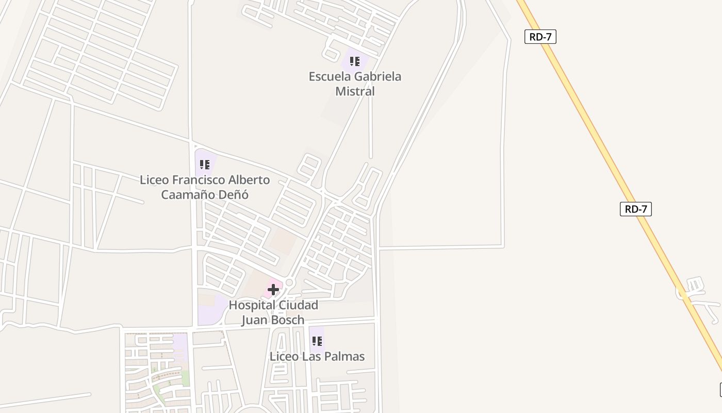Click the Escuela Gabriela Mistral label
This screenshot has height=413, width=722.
355,84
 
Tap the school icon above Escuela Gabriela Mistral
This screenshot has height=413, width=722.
355,62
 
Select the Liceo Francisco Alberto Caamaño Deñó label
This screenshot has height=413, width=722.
205,187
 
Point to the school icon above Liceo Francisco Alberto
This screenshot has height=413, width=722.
205,165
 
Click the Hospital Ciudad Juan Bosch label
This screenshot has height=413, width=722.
273,312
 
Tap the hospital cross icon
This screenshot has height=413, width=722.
273,290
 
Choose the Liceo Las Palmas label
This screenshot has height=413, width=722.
317,356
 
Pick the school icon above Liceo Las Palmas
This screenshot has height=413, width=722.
317,341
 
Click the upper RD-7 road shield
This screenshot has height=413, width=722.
540,37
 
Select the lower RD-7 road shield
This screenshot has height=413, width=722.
635,209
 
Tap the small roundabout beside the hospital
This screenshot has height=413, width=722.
289,283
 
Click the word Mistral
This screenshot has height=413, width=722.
355,91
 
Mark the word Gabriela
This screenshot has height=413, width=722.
376,76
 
